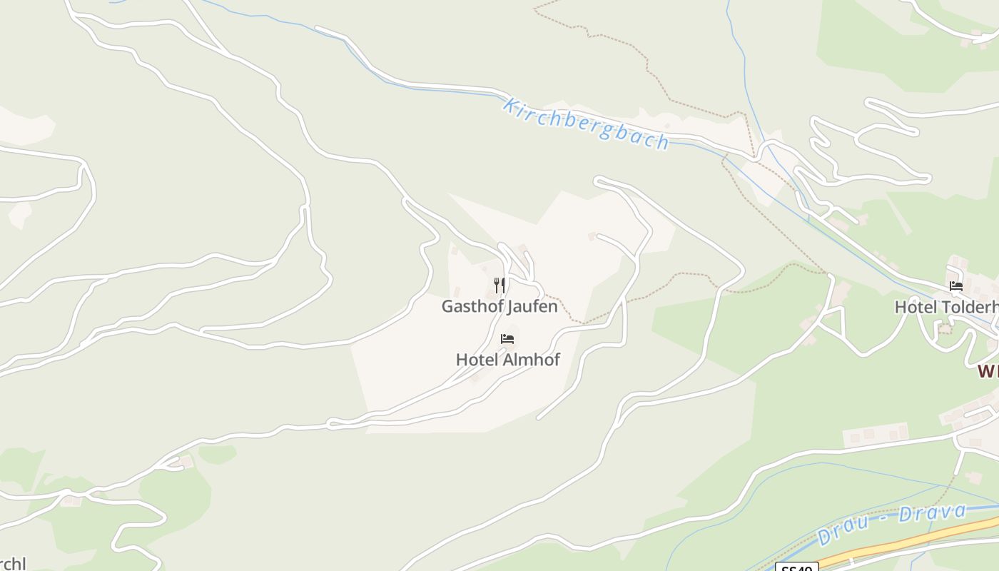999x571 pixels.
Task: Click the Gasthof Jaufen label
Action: click(499, 307)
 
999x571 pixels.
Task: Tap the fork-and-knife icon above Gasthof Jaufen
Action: click(499, 285)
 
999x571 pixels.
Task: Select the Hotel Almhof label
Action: click(507, 360)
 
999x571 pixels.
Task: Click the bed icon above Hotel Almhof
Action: click(507, 339)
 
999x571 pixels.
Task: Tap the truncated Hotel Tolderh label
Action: click(946, 307)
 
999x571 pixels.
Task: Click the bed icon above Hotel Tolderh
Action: click(956, 286)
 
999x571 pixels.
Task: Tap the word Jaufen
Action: click(532, 307)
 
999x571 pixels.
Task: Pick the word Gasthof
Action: click(472, 307)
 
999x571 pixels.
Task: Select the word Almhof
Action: click(532, 360)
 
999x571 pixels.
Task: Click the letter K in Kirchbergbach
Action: click(509, 106)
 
